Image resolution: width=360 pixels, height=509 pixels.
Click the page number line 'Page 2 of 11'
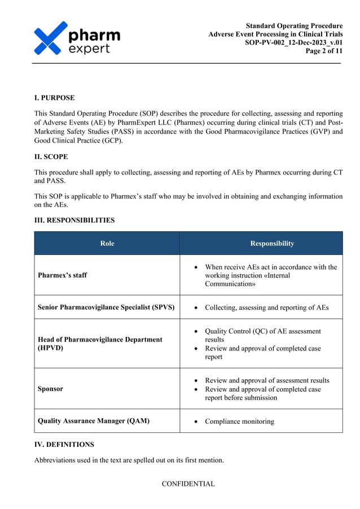[324, 51]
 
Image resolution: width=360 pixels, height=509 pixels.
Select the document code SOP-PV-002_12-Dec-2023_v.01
[293, 42]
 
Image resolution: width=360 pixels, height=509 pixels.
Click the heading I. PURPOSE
[54, 98]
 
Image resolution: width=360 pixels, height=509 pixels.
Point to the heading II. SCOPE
[52, 156]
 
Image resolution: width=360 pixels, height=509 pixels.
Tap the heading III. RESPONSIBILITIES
[74, 220]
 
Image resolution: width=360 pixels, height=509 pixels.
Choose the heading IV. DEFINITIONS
[64, 444]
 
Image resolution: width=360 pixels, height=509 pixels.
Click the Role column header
[107, 243]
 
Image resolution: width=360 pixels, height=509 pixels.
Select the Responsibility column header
[272, 243]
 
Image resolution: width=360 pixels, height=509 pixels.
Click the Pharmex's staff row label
[62, 275]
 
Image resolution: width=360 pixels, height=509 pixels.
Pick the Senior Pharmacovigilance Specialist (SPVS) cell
[106, 308]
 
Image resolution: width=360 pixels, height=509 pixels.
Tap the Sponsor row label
[50, 389]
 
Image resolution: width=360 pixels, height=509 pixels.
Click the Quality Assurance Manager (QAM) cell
[93, 420]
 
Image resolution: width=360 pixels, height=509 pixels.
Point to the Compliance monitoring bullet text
[239, 421]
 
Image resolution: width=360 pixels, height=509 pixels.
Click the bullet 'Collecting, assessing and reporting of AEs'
[266, 308]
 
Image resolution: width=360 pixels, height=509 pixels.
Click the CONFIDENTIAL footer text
[188, 484]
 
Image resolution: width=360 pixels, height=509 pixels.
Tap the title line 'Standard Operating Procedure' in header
[294, 25]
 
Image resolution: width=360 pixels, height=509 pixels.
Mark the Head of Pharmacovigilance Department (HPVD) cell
[100, 344]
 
